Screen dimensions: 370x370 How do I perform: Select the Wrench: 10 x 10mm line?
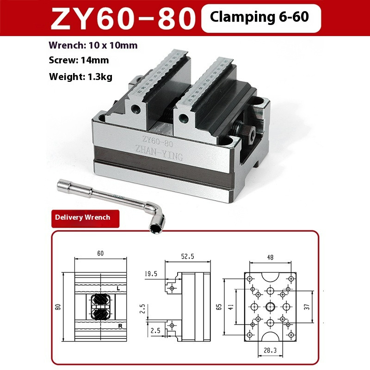(x=93, y=45)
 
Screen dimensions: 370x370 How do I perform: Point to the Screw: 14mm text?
(x=79, y=60)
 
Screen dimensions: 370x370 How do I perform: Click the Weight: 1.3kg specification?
(x=80, y=76)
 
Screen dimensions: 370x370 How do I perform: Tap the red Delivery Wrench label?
(x=82, y=217)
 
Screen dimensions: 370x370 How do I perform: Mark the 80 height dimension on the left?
(x=58, y=306)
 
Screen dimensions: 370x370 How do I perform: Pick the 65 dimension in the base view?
(x=219, y=306)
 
